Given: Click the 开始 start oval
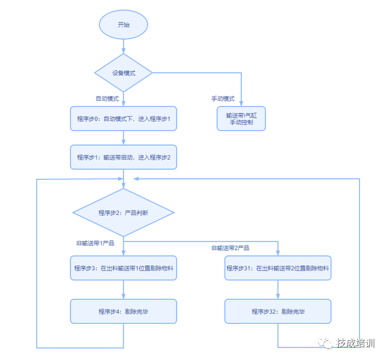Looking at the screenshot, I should (123, 26).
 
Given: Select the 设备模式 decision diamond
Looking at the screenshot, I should (123, 73).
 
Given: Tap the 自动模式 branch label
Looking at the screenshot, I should (108, 98).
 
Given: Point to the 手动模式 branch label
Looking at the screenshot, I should (223, 98).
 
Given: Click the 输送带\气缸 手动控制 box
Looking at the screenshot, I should (241, 119).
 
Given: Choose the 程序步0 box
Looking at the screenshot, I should (123, 119).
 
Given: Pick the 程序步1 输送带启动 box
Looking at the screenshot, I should (123, 157).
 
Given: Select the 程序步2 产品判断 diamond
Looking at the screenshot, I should (123, 213).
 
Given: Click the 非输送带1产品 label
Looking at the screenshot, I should (96, 243).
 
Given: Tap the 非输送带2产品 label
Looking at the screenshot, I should (230, 248).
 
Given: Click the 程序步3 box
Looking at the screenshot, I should (123, 268).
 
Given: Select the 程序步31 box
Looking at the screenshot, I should (278, 268).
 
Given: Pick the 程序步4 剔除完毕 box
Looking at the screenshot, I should (123, 311).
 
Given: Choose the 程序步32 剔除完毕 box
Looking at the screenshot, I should (278, 311).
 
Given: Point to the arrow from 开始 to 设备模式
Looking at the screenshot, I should (123, 46).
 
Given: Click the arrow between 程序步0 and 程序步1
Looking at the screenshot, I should (123, 138).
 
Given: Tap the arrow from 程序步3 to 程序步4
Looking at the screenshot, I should (123, 290).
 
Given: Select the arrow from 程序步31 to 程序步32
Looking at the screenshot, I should (278, 290).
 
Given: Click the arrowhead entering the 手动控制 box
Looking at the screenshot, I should (241, 104).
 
